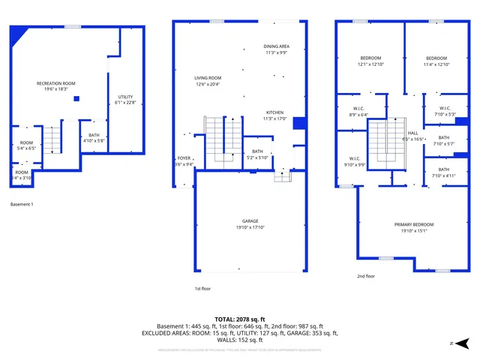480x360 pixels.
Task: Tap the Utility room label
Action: (125, 97)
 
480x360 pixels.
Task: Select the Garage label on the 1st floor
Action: (250, 221)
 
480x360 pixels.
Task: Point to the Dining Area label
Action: (277, 46)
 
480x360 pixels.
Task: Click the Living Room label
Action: (208, 78)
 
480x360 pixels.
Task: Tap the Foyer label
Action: (184, 158)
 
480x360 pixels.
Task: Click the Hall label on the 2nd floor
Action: (412, 133)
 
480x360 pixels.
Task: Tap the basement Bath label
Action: (94, 136)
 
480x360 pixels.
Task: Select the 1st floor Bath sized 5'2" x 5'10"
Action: (258, 151)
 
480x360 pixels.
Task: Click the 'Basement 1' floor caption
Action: (22, 204)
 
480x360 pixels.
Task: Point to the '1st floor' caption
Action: (202, 289)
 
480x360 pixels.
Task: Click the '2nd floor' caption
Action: (365, 276)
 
